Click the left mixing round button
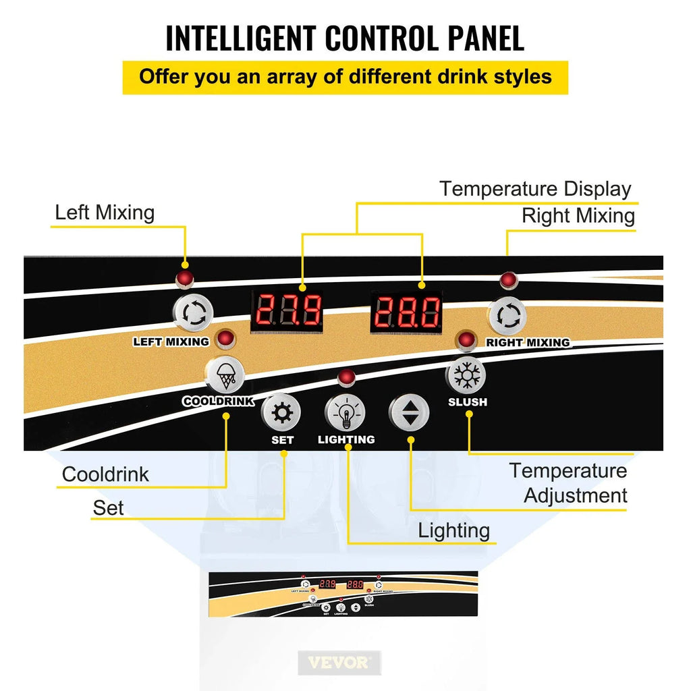[x=194, y=313]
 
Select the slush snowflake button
[x=466, y=375]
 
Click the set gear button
[x=281, y=412]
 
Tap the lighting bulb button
[x=345, y=412]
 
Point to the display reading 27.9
[x=287, y=312]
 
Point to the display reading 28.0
[x=407, y=312]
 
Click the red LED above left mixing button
[x=183, y=279]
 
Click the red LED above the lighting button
[x=347, y=377]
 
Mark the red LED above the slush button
[x=466, y=340]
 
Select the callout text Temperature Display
[x=535, y=189]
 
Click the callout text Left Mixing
[x=105, y=213]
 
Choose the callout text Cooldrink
[x=105, y=474]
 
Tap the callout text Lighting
[x=454, y=530]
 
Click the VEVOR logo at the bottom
[x=339, y=662]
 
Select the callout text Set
[x=109, y=507]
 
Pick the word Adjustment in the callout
[x=576, y=495]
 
